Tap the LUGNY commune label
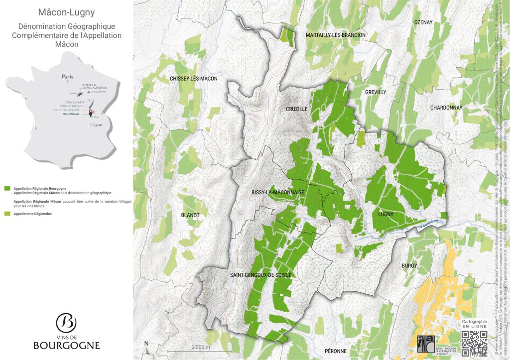pos(386,214)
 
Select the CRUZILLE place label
pos(296,109)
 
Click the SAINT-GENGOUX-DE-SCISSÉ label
pos(261,275)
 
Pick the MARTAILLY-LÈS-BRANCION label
pos(336,35)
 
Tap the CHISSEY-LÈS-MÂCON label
pos(194,79)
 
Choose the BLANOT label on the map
pos(191,215)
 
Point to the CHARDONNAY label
pos(446,108)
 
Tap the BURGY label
pos(409,266)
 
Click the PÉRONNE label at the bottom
pos(335,351)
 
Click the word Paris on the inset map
pos(67,77)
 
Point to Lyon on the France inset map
pos(97,125)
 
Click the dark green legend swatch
pos(7,189)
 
